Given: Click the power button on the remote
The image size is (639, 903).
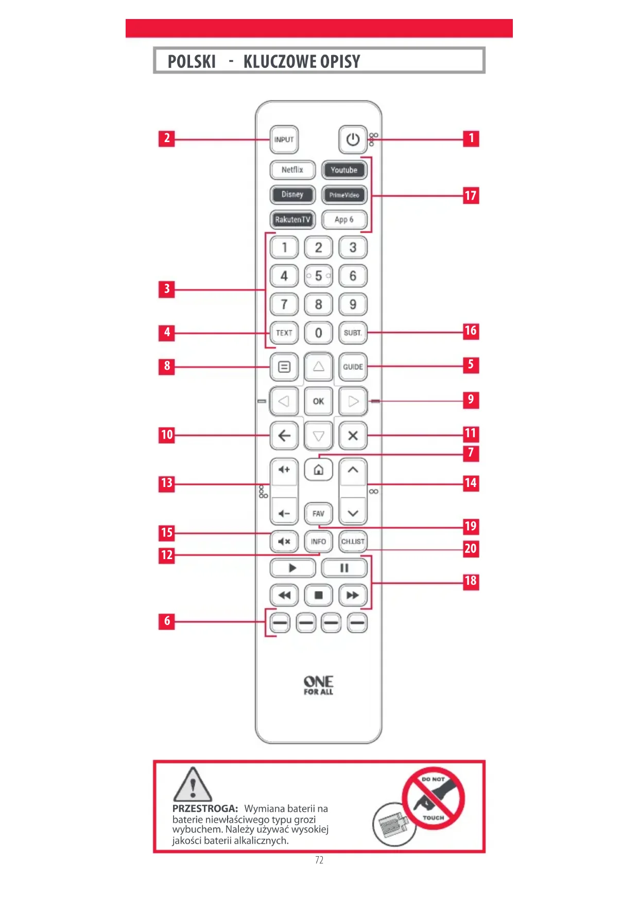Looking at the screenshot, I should [353, 139].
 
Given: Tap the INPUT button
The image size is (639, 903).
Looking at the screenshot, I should [284, 140].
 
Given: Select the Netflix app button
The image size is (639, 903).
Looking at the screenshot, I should [292, 170].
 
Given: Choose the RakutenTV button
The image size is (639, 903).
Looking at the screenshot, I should [292, 219].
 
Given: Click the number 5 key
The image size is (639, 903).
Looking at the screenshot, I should [318, 276].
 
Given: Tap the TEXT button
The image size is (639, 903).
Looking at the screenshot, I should [284, 333].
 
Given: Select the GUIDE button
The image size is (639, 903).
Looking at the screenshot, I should [353, 367].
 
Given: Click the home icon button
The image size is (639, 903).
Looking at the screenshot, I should [318, 470].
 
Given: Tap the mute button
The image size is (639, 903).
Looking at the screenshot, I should [284, 541].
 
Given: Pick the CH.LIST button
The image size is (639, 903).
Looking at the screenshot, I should [353, 541].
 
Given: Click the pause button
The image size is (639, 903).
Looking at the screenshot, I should [344, 568].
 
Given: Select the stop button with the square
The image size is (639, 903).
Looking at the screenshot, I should [318, 595].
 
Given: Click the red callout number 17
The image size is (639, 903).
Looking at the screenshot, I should [471, 196].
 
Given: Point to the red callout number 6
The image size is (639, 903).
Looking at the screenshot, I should [167, 621].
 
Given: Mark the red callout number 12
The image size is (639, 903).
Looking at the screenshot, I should [167, 555].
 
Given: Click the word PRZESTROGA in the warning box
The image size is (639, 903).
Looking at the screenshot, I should [205, 808].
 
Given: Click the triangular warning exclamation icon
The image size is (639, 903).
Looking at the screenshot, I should [192, 785].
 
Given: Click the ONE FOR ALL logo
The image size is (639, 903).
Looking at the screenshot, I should [318, 685].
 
